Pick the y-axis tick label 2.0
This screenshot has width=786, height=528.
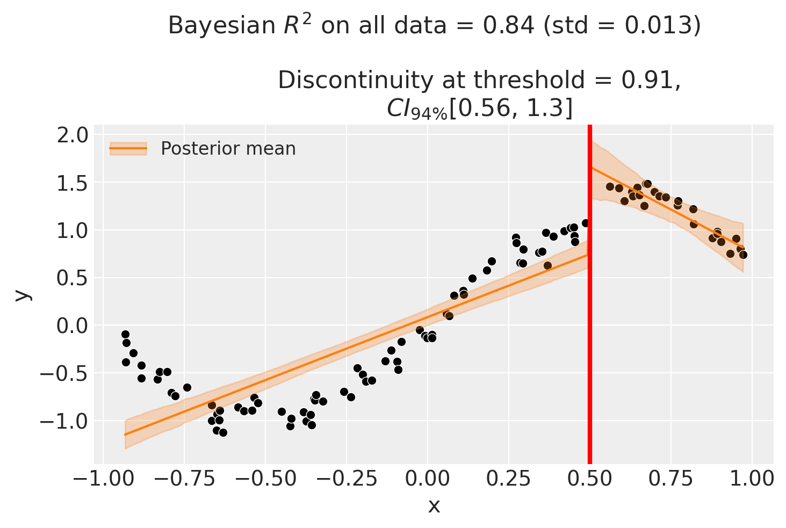(74, 135)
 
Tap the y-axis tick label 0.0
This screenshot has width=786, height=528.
(74, 326)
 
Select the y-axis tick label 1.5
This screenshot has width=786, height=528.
(74, 183)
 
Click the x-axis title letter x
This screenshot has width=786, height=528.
(434, 505)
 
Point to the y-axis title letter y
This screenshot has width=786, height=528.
(22, 294)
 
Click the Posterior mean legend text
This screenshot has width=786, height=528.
(228, 148)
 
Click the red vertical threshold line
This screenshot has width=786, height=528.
(590, 322)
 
